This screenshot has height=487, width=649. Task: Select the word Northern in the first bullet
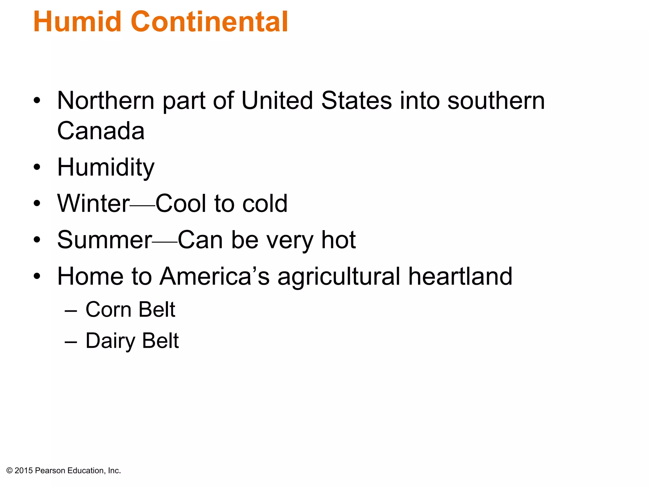(x=106, y=101)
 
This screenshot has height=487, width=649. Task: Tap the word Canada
(x=101, y=131)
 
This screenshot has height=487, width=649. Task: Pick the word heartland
(x=460, y=276)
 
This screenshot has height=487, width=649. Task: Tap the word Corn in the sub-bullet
(x=108, y=309)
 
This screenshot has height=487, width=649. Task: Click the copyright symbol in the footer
(x=9, y=471)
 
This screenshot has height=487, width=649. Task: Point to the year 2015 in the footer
(x=24, y=471)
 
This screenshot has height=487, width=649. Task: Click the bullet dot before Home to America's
(x=37, y=276)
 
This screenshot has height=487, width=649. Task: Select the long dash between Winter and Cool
(x=142, y=205)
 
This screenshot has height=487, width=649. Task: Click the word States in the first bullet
(x=357, y=101)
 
